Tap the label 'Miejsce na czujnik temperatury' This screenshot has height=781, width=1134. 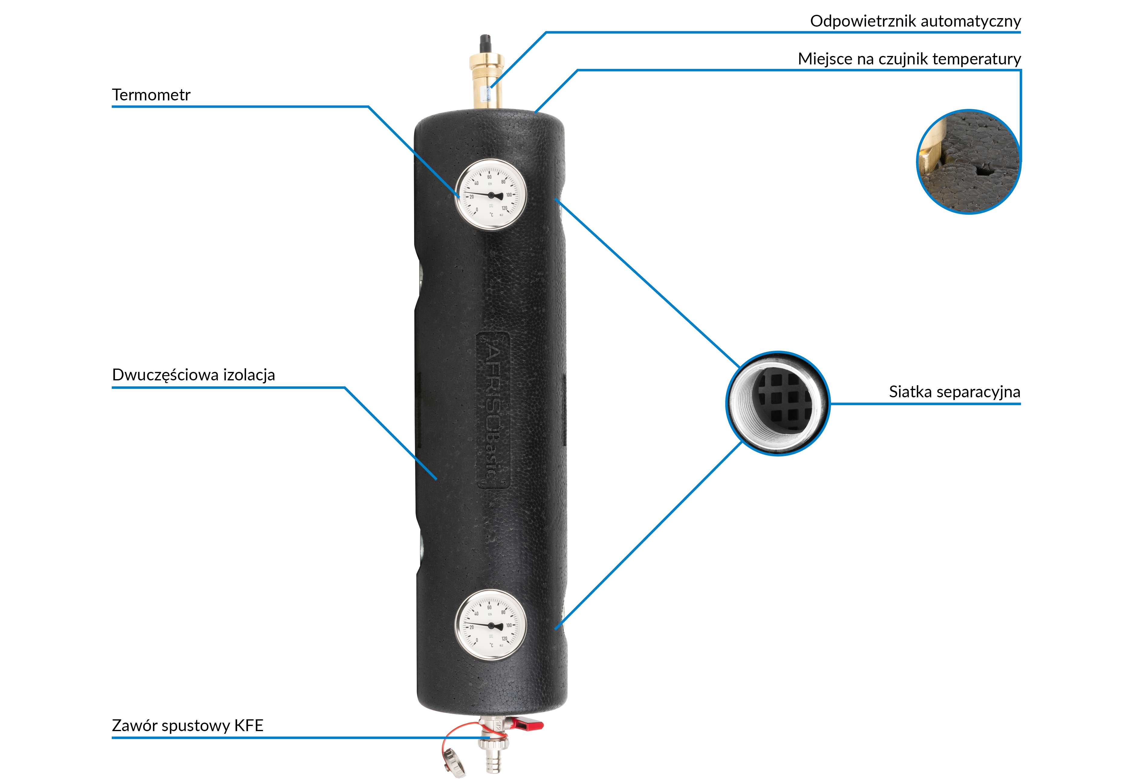click(x=909, y=59)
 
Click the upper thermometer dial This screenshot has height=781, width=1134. click(x=490, y=194)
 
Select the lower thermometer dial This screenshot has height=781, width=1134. click(x=490, y=625)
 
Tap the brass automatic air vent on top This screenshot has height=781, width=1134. click(x=487, y=78)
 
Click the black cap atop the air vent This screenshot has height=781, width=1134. click(x=486, y=42)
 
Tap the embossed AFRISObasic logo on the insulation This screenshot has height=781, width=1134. click(x=493, y=410)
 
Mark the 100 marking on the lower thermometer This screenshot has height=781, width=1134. click(x=509, y=625)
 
